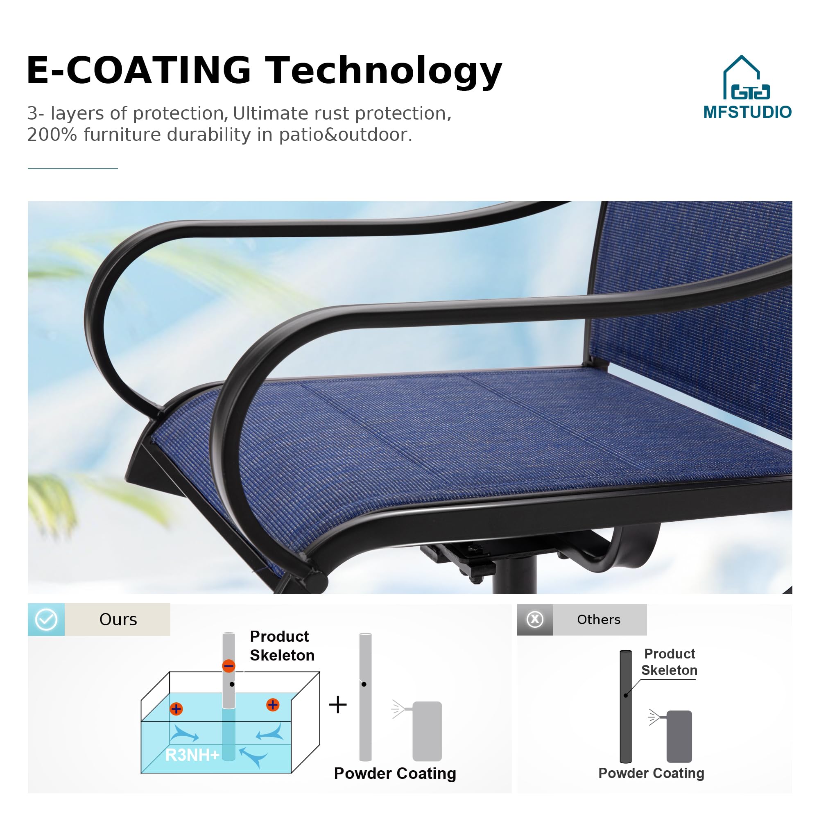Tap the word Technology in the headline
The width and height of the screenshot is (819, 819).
(x=384, y=72)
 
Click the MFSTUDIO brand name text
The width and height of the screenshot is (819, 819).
(x=747, y=112)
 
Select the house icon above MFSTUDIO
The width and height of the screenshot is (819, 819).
(x=747, y=77)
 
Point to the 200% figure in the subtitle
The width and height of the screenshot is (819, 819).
(x=52, y=135)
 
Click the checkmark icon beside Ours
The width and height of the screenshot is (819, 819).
(x=46, y=619)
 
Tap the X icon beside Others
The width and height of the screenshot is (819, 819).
(x=535, y=619)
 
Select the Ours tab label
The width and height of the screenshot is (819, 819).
(x=118, y=619)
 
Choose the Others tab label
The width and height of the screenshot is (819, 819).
(x=599, y=619)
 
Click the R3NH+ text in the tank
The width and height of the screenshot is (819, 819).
(x=192, y=755)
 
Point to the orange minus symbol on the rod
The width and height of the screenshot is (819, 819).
(x=229, y=665)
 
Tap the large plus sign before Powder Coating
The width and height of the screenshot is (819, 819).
(x=338, y=704)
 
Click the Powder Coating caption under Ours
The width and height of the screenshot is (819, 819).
(x=395, y=773)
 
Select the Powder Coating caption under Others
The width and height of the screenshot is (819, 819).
(x=651, y=773)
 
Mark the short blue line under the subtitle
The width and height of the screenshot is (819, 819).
(x=73, y=169)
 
